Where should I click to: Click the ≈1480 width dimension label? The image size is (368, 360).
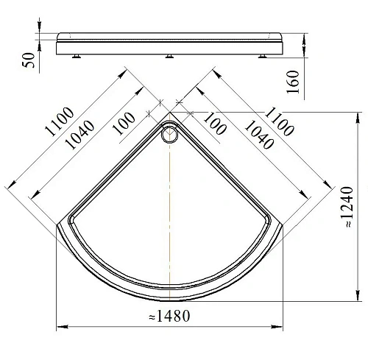[x=169, y=316]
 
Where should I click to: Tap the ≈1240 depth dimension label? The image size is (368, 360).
[x=348, y=207]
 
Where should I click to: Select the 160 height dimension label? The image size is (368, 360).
[x=293, y=82]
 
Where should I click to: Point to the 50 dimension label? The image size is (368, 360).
[x=29, y=60]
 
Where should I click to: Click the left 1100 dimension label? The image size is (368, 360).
[x=60, y=121]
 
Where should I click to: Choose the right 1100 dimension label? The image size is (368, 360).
[x=279, y=121]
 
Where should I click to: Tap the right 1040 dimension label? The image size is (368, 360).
[x=259, y=135]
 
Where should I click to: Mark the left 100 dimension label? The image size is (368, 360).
[x=124, y=124]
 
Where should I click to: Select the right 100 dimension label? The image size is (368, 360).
[x=215, y=124]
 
